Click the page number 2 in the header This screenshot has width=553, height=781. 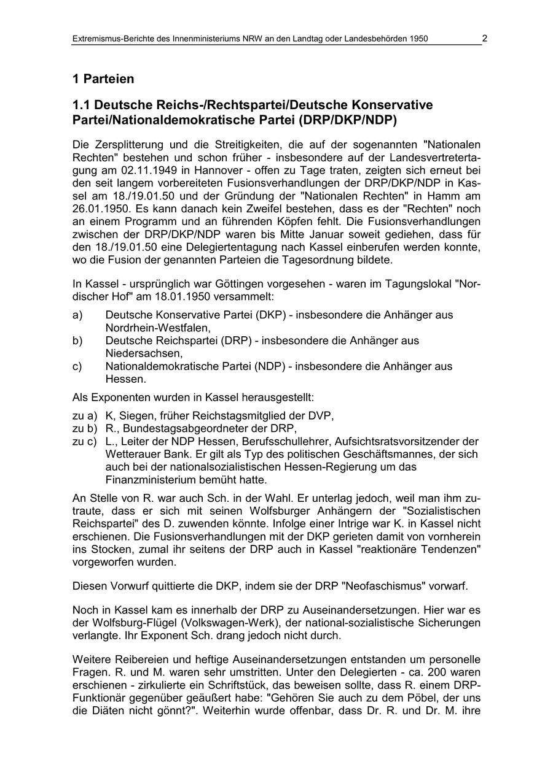484,38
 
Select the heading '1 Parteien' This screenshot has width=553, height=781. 103,79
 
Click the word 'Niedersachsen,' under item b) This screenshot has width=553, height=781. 144,353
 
